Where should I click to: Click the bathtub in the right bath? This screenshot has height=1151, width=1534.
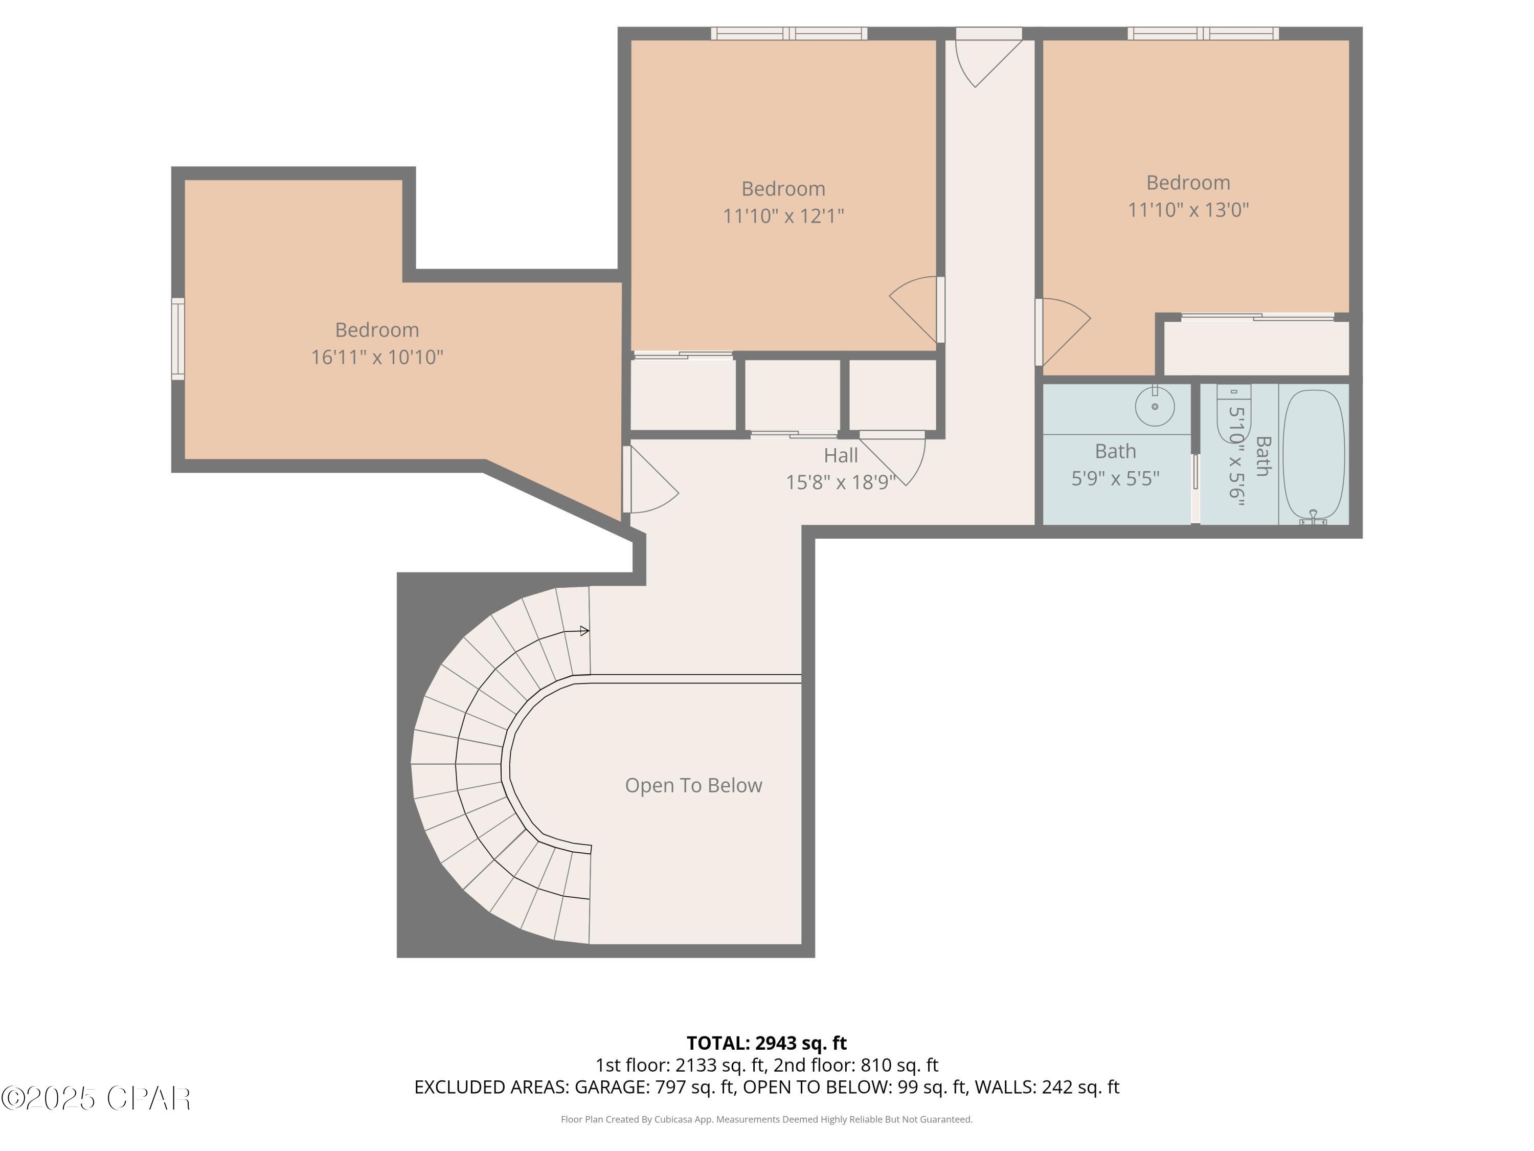1314,455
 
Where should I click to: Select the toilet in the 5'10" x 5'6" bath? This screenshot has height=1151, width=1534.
1234,413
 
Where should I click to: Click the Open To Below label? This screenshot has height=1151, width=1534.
693,785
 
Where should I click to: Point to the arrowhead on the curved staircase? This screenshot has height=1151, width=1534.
584,631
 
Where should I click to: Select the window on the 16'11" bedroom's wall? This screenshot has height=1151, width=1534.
178,339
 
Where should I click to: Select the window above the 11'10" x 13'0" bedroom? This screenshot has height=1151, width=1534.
1203,33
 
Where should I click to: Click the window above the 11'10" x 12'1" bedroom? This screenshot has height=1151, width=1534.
789,33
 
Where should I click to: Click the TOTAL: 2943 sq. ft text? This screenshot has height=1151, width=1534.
766,1043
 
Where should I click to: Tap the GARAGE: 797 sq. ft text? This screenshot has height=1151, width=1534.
654,1087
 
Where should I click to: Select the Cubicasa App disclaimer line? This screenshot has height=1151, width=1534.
766,1119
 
